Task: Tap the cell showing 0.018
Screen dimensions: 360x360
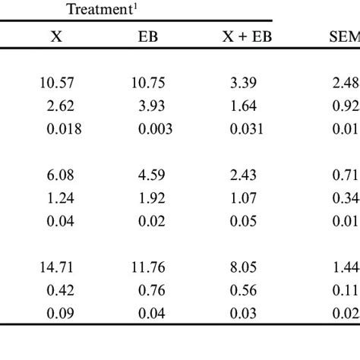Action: (x=57, y=129)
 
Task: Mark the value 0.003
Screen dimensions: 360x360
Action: (x=154, y=129)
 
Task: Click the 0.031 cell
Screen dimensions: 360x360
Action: (x=245, y=129)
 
